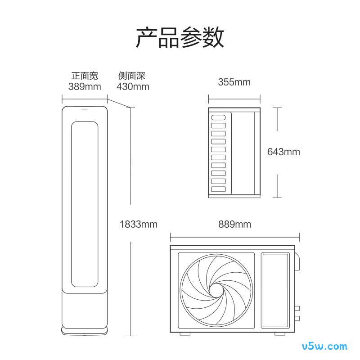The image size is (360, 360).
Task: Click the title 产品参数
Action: (180, 37)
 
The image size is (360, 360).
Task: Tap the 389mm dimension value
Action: (85, 86)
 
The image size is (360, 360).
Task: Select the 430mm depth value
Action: (133, 86)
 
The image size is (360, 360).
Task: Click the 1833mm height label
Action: (139, 224)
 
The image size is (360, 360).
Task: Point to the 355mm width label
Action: (234, 82)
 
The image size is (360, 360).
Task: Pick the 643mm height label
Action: (283, 152)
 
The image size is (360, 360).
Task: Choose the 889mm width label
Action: (234, 224)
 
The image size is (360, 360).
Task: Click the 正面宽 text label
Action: (85, 76)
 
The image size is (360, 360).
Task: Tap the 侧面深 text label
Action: (131, 76)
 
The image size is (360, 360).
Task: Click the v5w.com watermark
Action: (324, 346)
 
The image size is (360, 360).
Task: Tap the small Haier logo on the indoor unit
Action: (85, 109)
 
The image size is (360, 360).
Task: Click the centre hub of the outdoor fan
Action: (216, 290)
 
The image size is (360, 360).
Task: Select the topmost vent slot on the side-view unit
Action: (218, 117)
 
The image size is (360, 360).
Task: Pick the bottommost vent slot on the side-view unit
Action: (218, 189)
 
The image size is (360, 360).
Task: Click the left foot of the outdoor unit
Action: (185, 334)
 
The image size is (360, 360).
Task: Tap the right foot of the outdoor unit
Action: (280, 334)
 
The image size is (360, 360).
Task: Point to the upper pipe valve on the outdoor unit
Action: (297, 308)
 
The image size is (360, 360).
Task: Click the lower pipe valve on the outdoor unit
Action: (297, 318)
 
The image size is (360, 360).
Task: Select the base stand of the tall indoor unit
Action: (85, 331)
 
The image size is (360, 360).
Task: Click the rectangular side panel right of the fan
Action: (275, 290)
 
